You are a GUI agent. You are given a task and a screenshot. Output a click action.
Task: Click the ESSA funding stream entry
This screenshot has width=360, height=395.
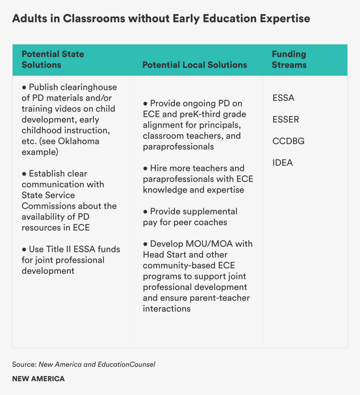pyautogui.click(x=283, y=98)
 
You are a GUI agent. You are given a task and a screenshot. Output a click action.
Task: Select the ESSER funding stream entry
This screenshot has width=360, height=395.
pyautogui.click(x=286, y=120)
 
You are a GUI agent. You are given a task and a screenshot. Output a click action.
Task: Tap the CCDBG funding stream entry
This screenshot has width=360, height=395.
pyautogui.click(x=288, y=141)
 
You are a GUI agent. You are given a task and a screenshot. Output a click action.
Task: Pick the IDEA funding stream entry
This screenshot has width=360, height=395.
pyautogui.click(x=283, y=163)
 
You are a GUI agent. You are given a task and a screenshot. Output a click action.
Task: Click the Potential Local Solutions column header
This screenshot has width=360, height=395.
pyautogui.click(x=194, y=65)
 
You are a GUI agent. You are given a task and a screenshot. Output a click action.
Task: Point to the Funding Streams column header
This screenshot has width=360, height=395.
pyautogui.click(x=289, y=59)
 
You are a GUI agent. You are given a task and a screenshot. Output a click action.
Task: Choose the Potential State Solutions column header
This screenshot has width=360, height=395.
pyautogui.click(x=53, y=59)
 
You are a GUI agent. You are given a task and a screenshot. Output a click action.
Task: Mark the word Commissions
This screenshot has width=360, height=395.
pyautogui.click(x=49, y=206)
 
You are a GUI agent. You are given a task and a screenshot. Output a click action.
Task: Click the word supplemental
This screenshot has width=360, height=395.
pyautogui.click(x=208, y=211)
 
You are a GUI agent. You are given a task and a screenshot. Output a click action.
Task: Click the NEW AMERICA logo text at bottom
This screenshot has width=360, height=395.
pyautogui.click(x=38, y=379)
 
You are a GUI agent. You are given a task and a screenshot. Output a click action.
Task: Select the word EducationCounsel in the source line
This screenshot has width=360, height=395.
pyautogui.click(x=126, y=364)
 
